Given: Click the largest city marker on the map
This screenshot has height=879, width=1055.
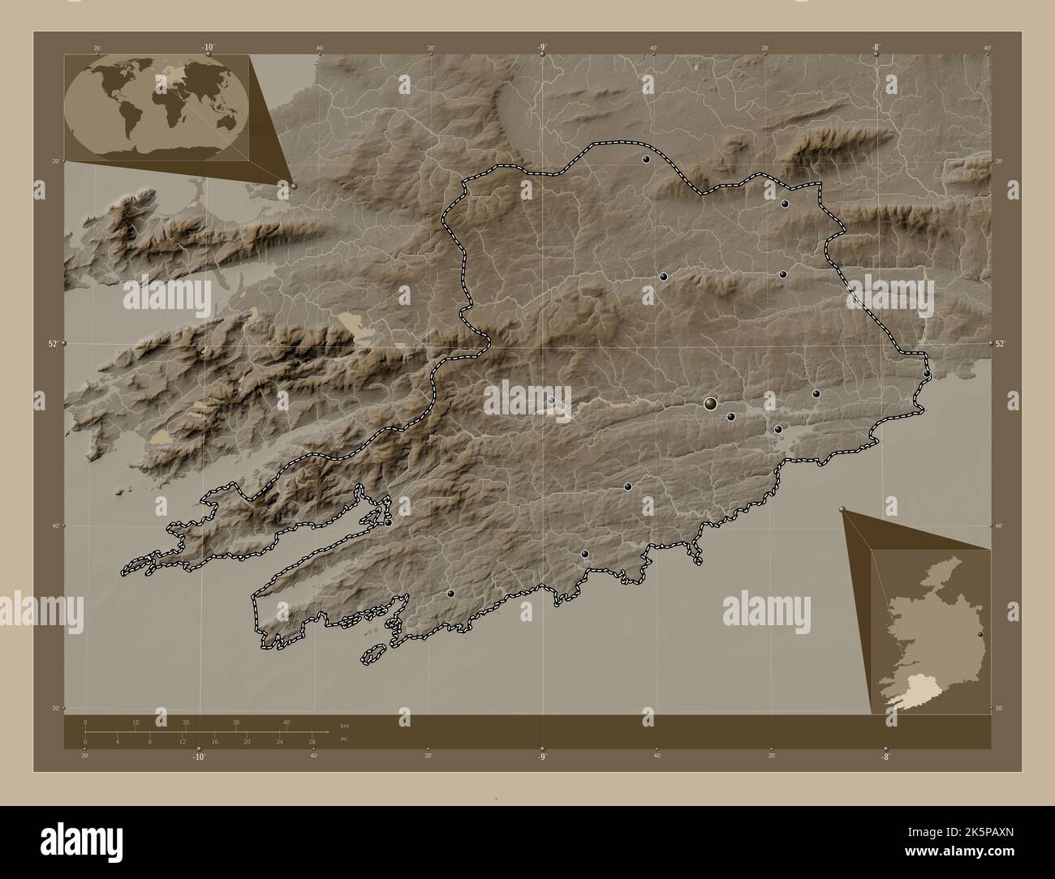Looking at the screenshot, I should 711,403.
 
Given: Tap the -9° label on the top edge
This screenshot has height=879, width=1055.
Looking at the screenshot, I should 542,48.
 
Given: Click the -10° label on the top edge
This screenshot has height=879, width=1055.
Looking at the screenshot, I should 208,48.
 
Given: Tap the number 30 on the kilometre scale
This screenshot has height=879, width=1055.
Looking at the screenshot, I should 236,722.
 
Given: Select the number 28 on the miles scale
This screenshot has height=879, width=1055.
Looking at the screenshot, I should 312,742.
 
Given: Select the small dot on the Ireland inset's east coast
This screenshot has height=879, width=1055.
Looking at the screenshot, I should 981,634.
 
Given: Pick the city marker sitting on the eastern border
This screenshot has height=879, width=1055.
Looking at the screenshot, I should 927,374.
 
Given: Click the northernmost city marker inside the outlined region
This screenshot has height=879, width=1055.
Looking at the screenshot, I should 646,160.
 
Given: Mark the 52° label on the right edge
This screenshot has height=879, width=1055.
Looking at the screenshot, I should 1001,344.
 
